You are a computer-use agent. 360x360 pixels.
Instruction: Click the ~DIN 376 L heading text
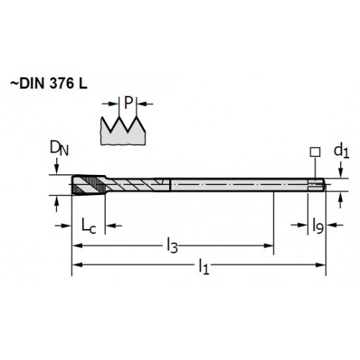pyautogui.click(x=49, y=84)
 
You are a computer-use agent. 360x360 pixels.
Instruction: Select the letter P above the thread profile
pyautogui.click(x=129, y=103)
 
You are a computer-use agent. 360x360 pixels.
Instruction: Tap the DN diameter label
pyautogui.click(x=59, y=148)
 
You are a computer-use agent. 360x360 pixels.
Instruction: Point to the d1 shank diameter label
pyautogui.click(x=341, y=151)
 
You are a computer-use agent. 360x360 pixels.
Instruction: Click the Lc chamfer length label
pyautogui.click(x=89, y=226)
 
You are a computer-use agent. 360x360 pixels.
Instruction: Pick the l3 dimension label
pyautogui.click(x=172, y=246)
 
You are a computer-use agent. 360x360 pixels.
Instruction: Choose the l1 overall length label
pyautogui.click(x=204, y=266)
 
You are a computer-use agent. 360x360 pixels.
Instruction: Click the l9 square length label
pyautogui.click(x=318, y=226)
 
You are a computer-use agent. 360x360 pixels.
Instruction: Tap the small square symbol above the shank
pyautogui.click(x=315, y=152)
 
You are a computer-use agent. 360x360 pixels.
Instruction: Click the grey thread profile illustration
pyautogui.click(x=122, y=131)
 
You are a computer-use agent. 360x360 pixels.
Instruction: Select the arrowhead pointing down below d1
pyautogui.click(x=341, y=174)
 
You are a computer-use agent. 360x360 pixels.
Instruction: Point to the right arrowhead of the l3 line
pyautogui.click(x=269, y=246)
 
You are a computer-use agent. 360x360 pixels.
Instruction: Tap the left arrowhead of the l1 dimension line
pyautogui.click(x=77, y=265)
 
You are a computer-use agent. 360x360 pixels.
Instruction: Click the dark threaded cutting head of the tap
pyautogui.click(x=89, y=185)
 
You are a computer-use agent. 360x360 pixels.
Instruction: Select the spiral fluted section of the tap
pyautogui.click(x=138, y=185)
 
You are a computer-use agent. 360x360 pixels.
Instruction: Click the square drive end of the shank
pyautogui.click(x=317, y=185)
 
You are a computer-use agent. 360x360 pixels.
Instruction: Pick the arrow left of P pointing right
pyautogui.click(x=111, y=104)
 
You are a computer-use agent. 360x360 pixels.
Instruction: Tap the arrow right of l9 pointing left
pyautogui.click(x=335, y=225)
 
